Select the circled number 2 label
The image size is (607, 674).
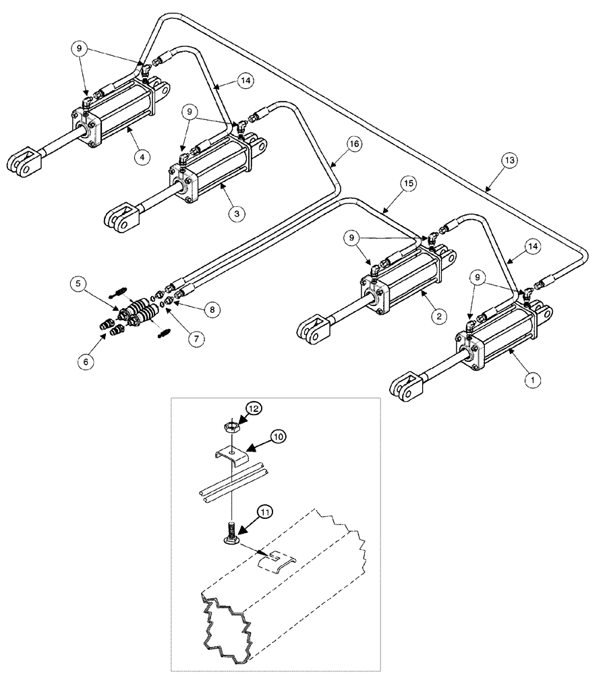(x=439, y=313)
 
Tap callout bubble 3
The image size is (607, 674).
(x=236, y=213)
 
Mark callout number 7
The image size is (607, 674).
(x=194, y=338)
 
